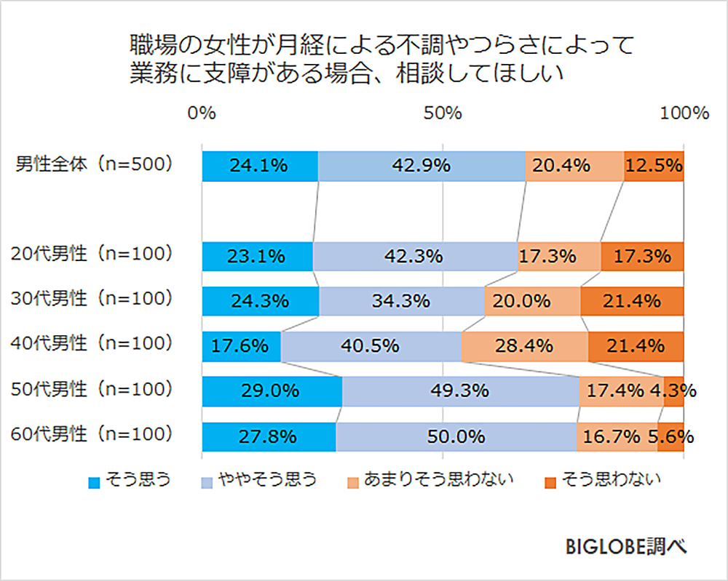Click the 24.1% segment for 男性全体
coord(259,166)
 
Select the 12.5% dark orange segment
coord(654,166)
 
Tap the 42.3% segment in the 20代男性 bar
coord(414,256)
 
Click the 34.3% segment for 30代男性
coord(401,300)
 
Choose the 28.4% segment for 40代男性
coord(524,346)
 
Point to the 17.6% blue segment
coord(241,346)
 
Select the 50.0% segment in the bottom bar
coord(456,437)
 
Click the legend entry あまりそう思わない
coord(430,479)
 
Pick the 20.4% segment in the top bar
coord(574,166)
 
